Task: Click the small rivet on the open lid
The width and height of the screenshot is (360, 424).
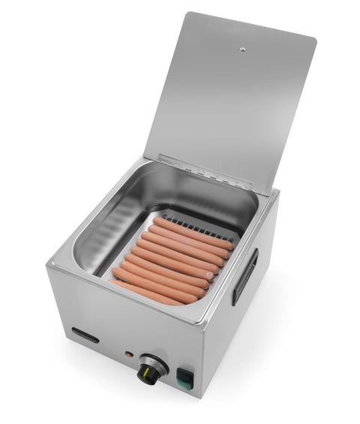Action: point(241,50)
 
